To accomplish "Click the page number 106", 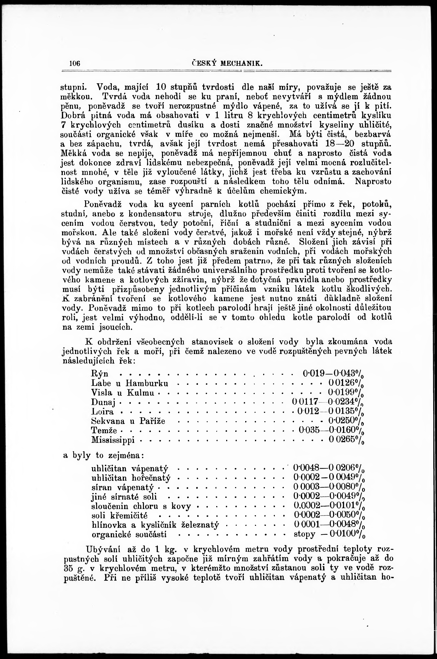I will [75, 64].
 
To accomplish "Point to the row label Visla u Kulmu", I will [123, 393].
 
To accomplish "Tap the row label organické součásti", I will [129, 535].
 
